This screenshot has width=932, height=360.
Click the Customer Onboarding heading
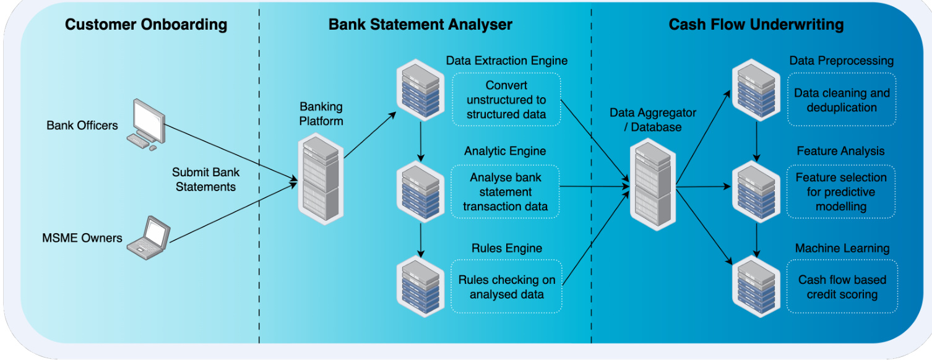(x=146, y=25)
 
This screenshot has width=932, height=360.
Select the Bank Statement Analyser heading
(x=420, y=25)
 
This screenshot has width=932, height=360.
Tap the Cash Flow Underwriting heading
(x=756, y=25)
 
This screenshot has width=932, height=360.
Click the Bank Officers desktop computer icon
(x=146, y=124)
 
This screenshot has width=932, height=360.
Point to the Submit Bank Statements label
(x=205, y=179)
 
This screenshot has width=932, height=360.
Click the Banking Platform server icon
(x=321, y=179)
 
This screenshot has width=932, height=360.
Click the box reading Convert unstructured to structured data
(x=506, y=100)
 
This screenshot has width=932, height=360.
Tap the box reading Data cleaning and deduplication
(x=842, y=100)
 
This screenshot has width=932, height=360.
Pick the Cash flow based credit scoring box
(x=842, y=287)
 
